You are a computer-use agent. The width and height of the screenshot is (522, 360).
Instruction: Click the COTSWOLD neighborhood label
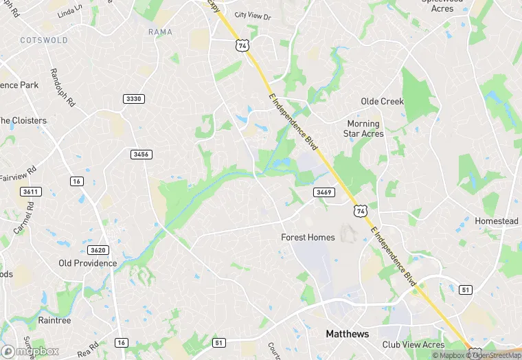pyautogui.click(x=45, y=41)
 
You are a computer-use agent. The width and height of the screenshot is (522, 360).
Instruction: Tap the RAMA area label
pyautogui.click(x=160, y=32)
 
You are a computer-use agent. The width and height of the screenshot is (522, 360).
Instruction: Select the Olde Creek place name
pyautogui.click(x=383, y=102)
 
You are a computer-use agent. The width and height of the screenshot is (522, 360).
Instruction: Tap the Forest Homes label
pyautogui.click(x=308, y=238)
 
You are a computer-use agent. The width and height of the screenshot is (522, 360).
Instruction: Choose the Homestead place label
pyautogui.click(x=497, y=221)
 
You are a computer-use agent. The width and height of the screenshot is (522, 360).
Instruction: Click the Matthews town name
pyautogui.click(x=347, y=335)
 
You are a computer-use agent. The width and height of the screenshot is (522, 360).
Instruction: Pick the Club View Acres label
pyautogui.click(x=413, y=345)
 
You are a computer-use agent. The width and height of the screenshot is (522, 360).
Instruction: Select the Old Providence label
pyautogui.click(x=88, y=263)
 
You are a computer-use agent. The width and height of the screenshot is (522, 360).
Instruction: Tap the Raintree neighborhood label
pyautogui.click(x=54, y=320)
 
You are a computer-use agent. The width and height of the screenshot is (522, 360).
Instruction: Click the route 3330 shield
pyautogui.click(x=134, y=100)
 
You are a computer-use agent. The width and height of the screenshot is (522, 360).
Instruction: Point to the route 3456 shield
pyautogui.click(x=141, y=155)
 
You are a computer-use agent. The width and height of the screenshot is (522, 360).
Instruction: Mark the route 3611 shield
pyautogui.click(x=30, y=192)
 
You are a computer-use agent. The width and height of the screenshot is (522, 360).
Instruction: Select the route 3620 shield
pyautogui.click(x=98, y=250)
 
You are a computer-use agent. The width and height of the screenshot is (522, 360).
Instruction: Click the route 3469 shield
pyautogui.click(x=324, y=192)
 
